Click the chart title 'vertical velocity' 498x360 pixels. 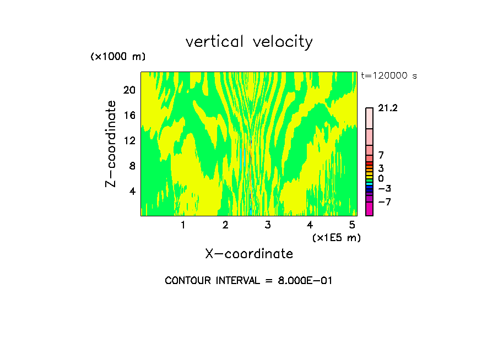point(249,42)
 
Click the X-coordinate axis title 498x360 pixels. point(249,254)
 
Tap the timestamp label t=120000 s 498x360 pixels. point(389,76)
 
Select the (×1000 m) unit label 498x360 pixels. point(118,57)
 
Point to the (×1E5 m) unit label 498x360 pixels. point(336,237)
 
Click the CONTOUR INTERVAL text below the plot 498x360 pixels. point(249,281)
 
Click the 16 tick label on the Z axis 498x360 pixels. point(128,115)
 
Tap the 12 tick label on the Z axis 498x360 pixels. point(128,140)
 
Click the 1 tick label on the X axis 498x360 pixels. point(183,225)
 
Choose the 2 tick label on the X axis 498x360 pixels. point(225,225)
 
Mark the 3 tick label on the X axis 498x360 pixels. point(268,225)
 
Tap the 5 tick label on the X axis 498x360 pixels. point(352,225)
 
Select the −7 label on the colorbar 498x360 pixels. point(385,202)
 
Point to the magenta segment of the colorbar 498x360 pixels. point(369,209)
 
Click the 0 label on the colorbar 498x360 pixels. point(381,179)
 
